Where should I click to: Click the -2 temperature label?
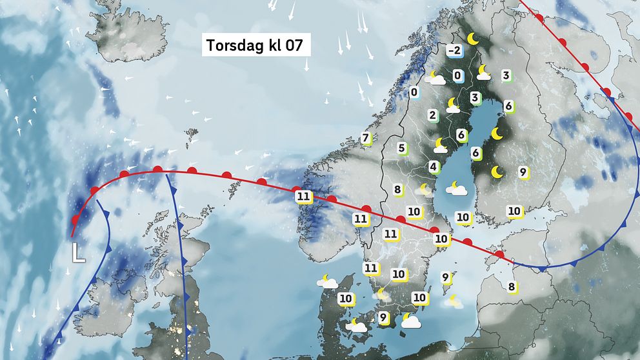pyautogui.click(x=455, y=51)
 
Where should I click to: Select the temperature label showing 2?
pyautogui.click(x=433, y=116)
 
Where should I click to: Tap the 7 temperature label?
pyautogui.click(x=366, y=138)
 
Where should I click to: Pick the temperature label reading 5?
pyautogui.click(x=401, y=148)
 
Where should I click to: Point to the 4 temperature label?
pyautogui.click(x=433, y=167)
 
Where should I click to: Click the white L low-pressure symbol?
pyautogui.click(x=78, y=252)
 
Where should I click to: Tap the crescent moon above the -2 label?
pyautogui.click(x=474, y=39)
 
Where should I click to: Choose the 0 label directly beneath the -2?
pyautogui.click(x=457, y=76)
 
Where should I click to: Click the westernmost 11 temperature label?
pyautogui.click(x=303, y=196)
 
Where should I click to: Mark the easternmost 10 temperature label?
pyautogui.click(x=514, y=211)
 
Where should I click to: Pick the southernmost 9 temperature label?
pyautogui.click(x=383, y=317)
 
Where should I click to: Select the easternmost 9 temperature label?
pyautogui.click(x=523, y=172)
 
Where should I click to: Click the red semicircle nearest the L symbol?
pyautogui.click(x=76, y=220)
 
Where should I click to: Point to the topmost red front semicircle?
pyautogui.click(x=539, y=18)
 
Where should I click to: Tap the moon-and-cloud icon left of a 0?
pyautogui.click(x=438, y=79)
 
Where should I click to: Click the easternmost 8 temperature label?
pyautogui.click(x=512, y=287)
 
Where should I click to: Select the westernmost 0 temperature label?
pyautogui.click(x=414, y=93)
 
